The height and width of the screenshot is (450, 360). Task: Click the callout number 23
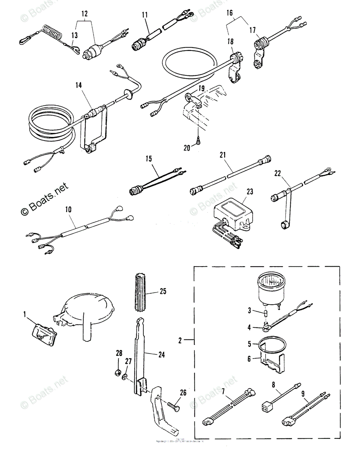point(249,192)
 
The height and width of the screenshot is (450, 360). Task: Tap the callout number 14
point(78,85)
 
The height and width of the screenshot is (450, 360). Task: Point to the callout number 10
point(68,209)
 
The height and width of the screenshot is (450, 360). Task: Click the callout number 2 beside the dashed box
point(180,340)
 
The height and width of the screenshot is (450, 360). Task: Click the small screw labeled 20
point(199,141)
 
